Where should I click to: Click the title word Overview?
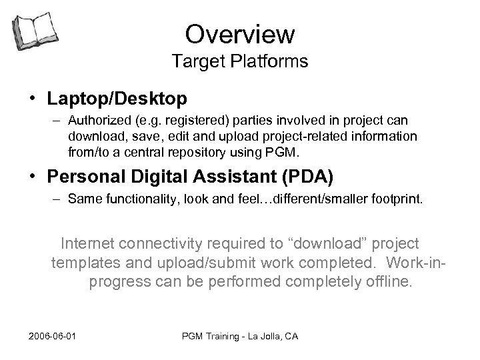tap(240, 33)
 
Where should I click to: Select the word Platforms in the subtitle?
tap(271, 62)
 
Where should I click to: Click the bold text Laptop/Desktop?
tap(117, 99)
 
